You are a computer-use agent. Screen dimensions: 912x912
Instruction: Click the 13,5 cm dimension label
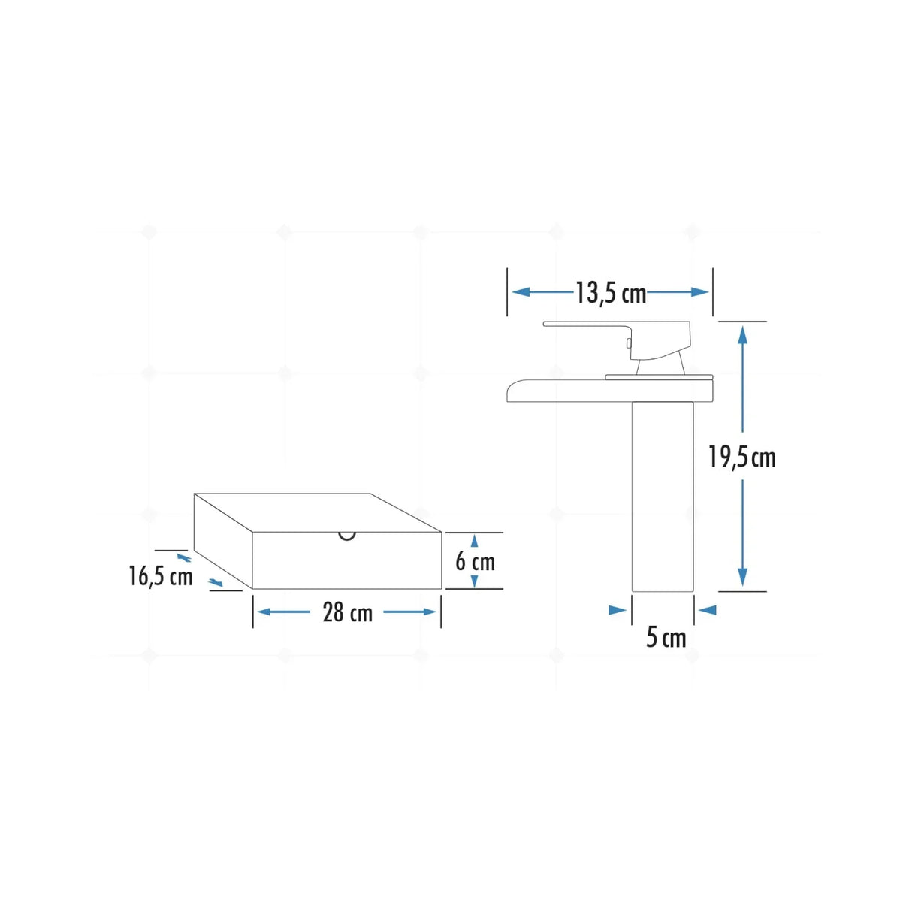[x=611, y=294]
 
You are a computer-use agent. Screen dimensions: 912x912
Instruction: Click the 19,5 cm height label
[x=742, y=458]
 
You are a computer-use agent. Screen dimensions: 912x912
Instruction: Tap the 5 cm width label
[x=666, y=638]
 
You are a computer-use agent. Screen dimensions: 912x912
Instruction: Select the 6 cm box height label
[x=476, y=562]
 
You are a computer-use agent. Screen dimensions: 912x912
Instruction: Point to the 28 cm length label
[x=347, y=612]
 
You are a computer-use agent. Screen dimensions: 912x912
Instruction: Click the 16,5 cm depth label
[x=161, y=576]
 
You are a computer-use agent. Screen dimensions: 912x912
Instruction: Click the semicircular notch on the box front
[x=347, y=537]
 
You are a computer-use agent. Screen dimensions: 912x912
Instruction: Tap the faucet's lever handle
[x=618, y=338]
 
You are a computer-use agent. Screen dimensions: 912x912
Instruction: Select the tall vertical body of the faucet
[x=663, y=497]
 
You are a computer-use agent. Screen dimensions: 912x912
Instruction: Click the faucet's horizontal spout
[x=609, y=391]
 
